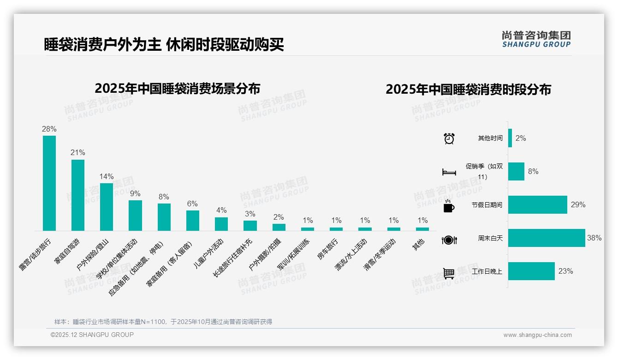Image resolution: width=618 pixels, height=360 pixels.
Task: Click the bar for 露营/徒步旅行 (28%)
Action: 49,183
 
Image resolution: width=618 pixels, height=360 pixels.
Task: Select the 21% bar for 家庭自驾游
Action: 78,195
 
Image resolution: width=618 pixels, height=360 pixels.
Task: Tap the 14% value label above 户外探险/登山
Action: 107,176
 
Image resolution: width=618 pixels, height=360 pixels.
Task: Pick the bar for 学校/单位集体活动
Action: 135,216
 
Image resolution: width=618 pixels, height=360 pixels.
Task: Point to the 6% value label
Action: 192,204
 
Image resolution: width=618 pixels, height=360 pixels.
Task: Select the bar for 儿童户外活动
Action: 221,224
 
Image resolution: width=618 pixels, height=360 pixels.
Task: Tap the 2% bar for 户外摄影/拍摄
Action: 279,227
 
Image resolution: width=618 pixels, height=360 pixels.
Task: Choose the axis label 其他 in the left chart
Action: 418,244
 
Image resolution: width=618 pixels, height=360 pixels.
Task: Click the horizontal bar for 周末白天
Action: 547,238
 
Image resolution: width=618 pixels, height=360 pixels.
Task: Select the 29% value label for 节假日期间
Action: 578,204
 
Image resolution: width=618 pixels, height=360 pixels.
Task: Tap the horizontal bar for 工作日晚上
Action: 531,271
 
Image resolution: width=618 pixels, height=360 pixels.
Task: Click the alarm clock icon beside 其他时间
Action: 449,138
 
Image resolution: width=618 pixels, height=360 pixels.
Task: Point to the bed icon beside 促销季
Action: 449,172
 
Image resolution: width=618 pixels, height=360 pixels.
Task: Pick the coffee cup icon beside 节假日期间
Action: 449,206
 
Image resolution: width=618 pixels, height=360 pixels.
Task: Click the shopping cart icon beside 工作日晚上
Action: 449,273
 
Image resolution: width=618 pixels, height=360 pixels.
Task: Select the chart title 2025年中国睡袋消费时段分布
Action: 468,90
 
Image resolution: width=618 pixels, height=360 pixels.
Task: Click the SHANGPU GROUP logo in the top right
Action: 536,39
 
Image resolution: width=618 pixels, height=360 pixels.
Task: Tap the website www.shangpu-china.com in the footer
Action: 537,335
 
